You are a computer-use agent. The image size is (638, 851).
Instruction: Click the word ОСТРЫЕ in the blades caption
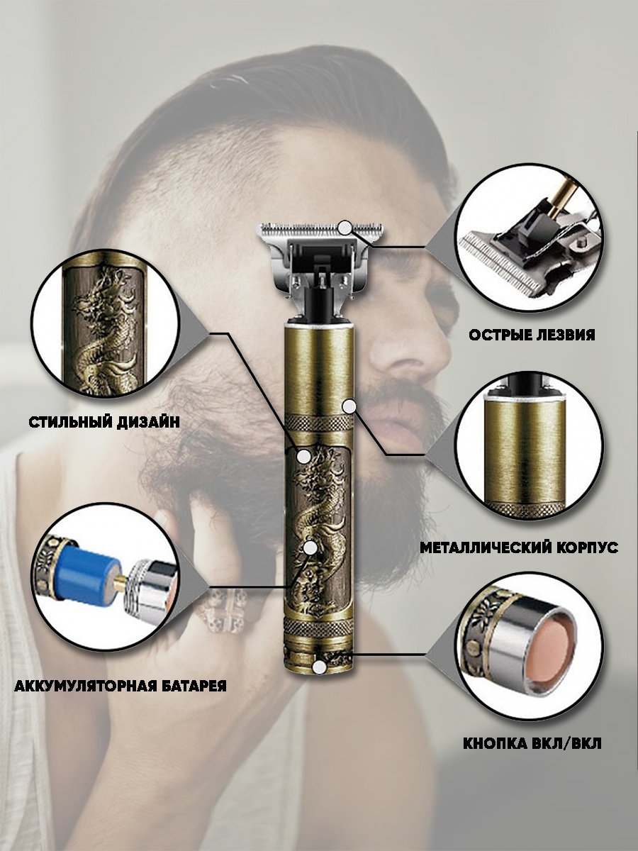[x=498, y=335]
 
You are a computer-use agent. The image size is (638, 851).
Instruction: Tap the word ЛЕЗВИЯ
[x=564, y=335]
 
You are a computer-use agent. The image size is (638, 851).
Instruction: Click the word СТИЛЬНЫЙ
[x=69, y=423]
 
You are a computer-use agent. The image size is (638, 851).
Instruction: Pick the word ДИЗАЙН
[x=148, y=423]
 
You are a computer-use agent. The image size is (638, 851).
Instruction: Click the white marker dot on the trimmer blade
[x=344, y=228]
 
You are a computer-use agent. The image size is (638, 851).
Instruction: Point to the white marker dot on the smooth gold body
[x=349, y=406]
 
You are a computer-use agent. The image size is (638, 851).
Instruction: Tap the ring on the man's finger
[x=220, y=612]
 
